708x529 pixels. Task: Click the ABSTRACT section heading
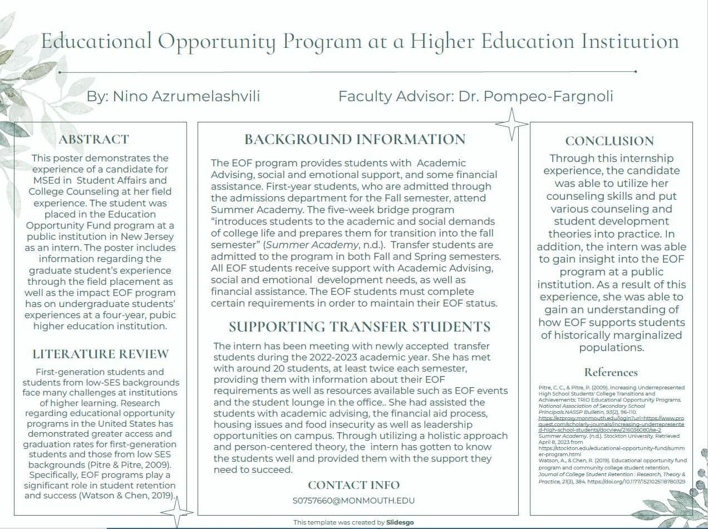[94, 139]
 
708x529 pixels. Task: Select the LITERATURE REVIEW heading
[100, 354]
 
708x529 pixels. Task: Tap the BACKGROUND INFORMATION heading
[355, 139]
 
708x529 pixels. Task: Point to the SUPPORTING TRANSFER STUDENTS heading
[360, 327]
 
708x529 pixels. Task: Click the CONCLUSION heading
[609, 141]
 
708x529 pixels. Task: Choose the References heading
[611, 372]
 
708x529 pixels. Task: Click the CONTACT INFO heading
[353, 485]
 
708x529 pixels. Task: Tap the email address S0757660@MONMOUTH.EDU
[353, 501]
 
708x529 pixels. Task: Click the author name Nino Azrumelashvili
[186, 96]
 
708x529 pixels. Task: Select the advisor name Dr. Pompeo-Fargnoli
[535, 96]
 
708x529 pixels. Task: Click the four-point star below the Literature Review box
[177, 512]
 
